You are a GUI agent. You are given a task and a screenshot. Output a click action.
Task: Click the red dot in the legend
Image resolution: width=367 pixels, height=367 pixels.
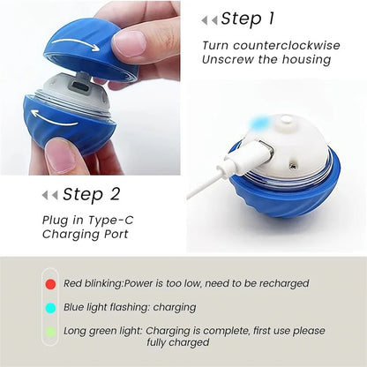tap(50, 283)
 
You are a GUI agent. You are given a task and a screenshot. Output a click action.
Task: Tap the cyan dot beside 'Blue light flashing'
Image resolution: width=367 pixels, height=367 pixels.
tap(50, 307)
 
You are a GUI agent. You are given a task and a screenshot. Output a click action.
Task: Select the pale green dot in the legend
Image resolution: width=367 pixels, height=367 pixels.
tap(50, 331)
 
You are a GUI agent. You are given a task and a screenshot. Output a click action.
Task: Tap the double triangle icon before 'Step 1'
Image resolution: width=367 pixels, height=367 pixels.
tap(209, 19)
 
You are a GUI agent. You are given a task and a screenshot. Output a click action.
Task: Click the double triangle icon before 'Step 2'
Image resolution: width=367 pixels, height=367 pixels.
tap(50, 195)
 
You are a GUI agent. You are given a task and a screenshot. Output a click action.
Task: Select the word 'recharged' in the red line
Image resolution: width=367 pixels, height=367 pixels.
tap(281, 283)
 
